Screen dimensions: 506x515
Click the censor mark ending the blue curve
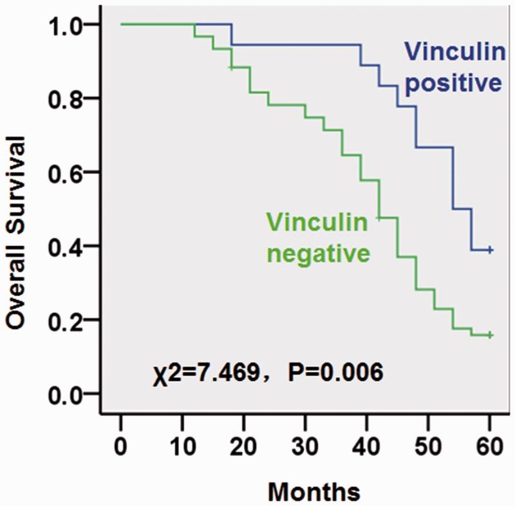click(491, 250)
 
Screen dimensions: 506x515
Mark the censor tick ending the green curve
click(491, 335)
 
